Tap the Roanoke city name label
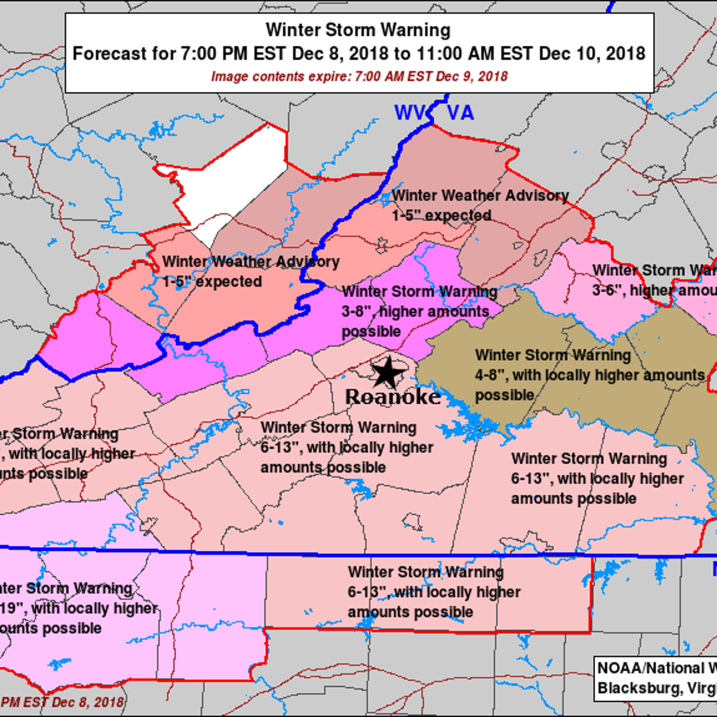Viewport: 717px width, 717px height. (x=393, y=397)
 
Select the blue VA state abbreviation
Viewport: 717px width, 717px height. (x=459, y=112)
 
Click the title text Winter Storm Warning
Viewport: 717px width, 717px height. (x=358, y=30)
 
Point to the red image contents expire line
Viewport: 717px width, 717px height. (x=359, y=76)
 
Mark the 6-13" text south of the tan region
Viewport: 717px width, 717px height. (x=530, y=479)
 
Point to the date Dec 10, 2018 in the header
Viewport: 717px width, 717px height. (x=592, y=53)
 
